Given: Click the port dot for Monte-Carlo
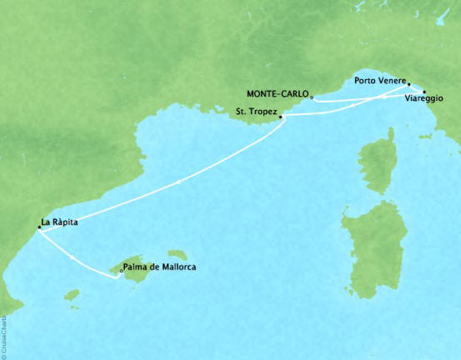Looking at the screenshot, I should coord(312,96).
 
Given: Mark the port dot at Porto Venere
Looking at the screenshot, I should coord(408,83).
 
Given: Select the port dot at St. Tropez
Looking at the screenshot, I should coord(281,117).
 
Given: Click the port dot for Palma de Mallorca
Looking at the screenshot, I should coord(123,270).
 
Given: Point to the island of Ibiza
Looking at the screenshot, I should coord(73,295).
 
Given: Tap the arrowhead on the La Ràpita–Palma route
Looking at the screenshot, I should coord(74,258).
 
